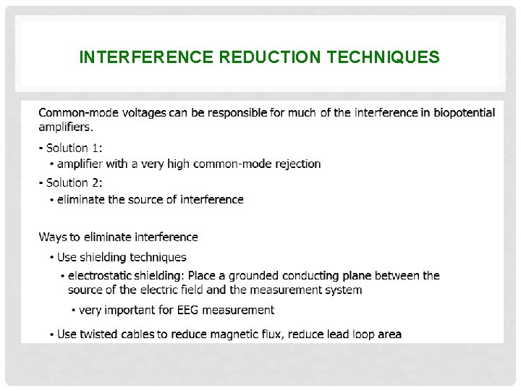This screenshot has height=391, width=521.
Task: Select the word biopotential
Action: tap(461, 112)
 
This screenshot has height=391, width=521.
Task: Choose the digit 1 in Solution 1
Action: tap(97, 148)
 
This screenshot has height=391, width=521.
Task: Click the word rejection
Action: tap(297, 164)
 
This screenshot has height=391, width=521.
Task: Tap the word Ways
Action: tap(52, 237)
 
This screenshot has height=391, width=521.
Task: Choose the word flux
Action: tap(274, 334)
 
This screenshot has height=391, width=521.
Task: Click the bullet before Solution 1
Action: tap(41, 148)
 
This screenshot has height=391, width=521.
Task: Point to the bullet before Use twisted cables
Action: tap(51, 335)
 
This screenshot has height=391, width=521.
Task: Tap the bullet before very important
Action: tap(73, 311)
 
